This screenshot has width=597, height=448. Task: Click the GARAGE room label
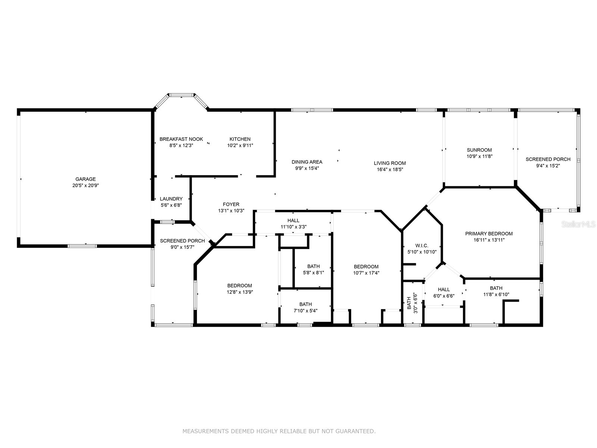85,179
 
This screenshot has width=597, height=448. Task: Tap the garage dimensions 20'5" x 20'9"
85,185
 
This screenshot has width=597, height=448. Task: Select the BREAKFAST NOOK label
181,139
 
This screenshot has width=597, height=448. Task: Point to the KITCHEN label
240,139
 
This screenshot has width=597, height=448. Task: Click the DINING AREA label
307,162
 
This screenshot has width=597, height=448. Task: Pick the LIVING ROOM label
390,163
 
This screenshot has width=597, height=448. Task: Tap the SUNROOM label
479,150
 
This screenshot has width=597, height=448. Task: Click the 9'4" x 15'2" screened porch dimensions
548,166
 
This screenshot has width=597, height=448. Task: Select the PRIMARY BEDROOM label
489,234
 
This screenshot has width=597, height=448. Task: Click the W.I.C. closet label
422,246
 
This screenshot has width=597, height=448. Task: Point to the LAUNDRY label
171,199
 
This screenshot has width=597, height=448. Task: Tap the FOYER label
231,204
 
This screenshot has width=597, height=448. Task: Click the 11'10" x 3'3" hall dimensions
293,227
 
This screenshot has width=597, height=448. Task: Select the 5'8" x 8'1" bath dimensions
313,273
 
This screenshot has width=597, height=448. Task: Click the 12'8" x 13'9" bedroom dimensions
240,292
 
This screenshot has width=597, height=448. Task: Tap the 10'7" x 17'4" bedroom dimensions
366,273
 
